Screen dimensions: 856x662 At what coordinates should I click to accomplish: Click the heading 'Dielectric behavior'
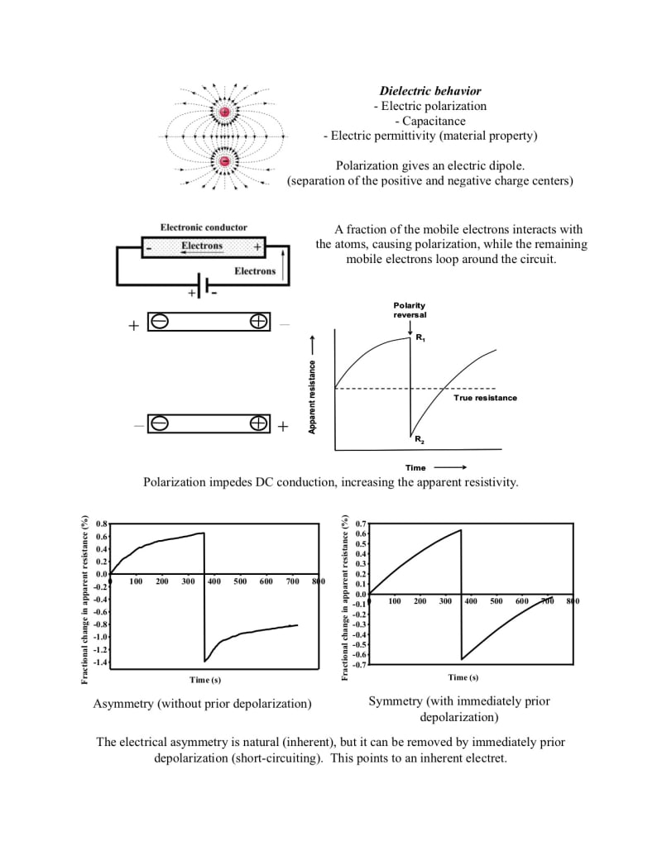coord(430,91)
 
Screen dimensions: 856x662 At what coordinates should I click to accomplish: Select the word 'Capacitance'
coord(430,121)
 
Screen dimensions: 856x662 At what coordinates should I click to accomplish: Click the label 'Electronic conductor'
coord(204,227)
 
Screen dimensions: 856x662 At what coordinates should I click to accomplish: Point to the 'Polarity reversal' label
coord(410,310)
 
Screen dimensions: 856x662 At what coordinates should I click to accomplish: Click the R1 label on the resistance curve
coord(420,339)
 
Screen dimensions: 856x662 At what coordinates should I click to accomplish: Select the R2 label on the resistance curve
coord(420,439)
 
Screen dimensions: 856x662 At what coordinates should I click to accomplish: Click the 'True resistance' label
coord(485,398)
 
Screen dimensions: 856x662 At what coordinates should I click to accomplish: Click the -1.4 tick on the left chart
coord(98,662)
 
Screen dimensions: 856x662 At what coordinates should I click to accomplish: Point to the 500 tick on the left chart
coord(240,581)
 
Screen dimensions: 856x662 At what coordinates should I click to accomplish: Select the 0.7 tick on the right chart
coord(359,524)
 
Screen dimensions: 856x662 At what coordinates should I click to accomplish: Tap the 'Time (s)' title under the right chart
coord(463,677)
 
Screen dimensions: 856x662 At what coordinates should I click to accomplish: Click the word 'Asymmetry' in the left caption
coord(122,704)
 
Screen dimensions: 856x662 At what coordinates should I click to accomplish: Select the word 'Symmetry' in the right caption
coord(396,701)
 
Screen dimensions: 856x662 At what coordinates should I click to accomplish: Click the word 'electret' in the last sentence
coord(483,758)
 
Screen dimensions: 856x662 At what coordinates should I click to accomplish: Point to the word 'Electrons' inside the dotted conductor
coord(202,246)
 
